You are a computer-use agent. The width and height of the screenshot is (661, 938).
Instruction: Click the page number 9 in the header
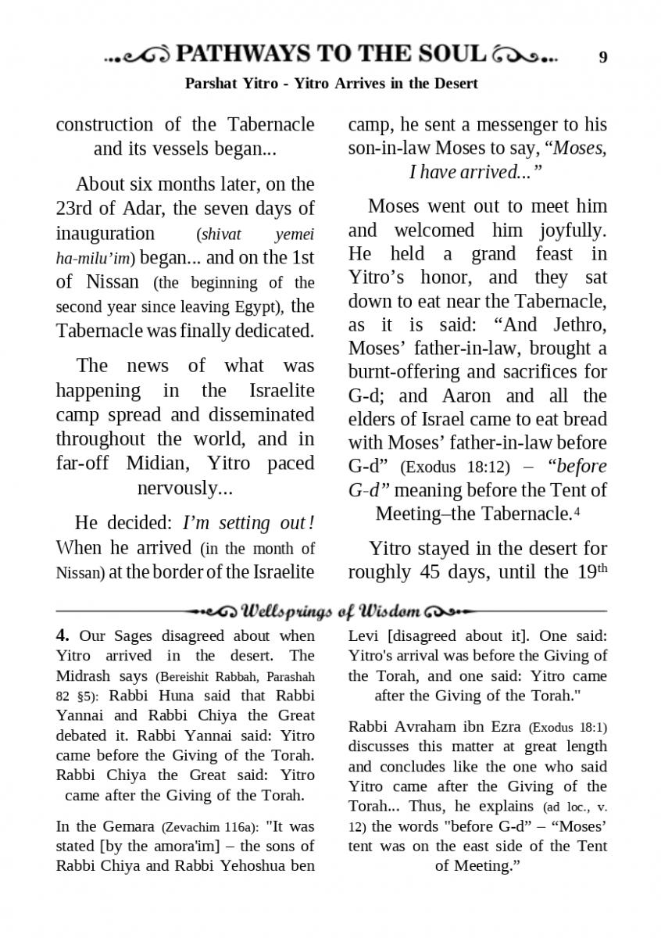(602, 56)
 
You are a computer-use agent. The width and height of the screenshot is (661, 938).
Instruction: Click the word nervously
(184, 489)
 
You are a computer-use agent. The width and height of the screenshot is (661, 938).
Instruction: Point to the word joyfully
(573, 231)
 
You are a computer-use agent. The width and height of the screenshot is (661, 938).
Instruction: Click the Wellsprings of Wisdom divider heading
(332, 610)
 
